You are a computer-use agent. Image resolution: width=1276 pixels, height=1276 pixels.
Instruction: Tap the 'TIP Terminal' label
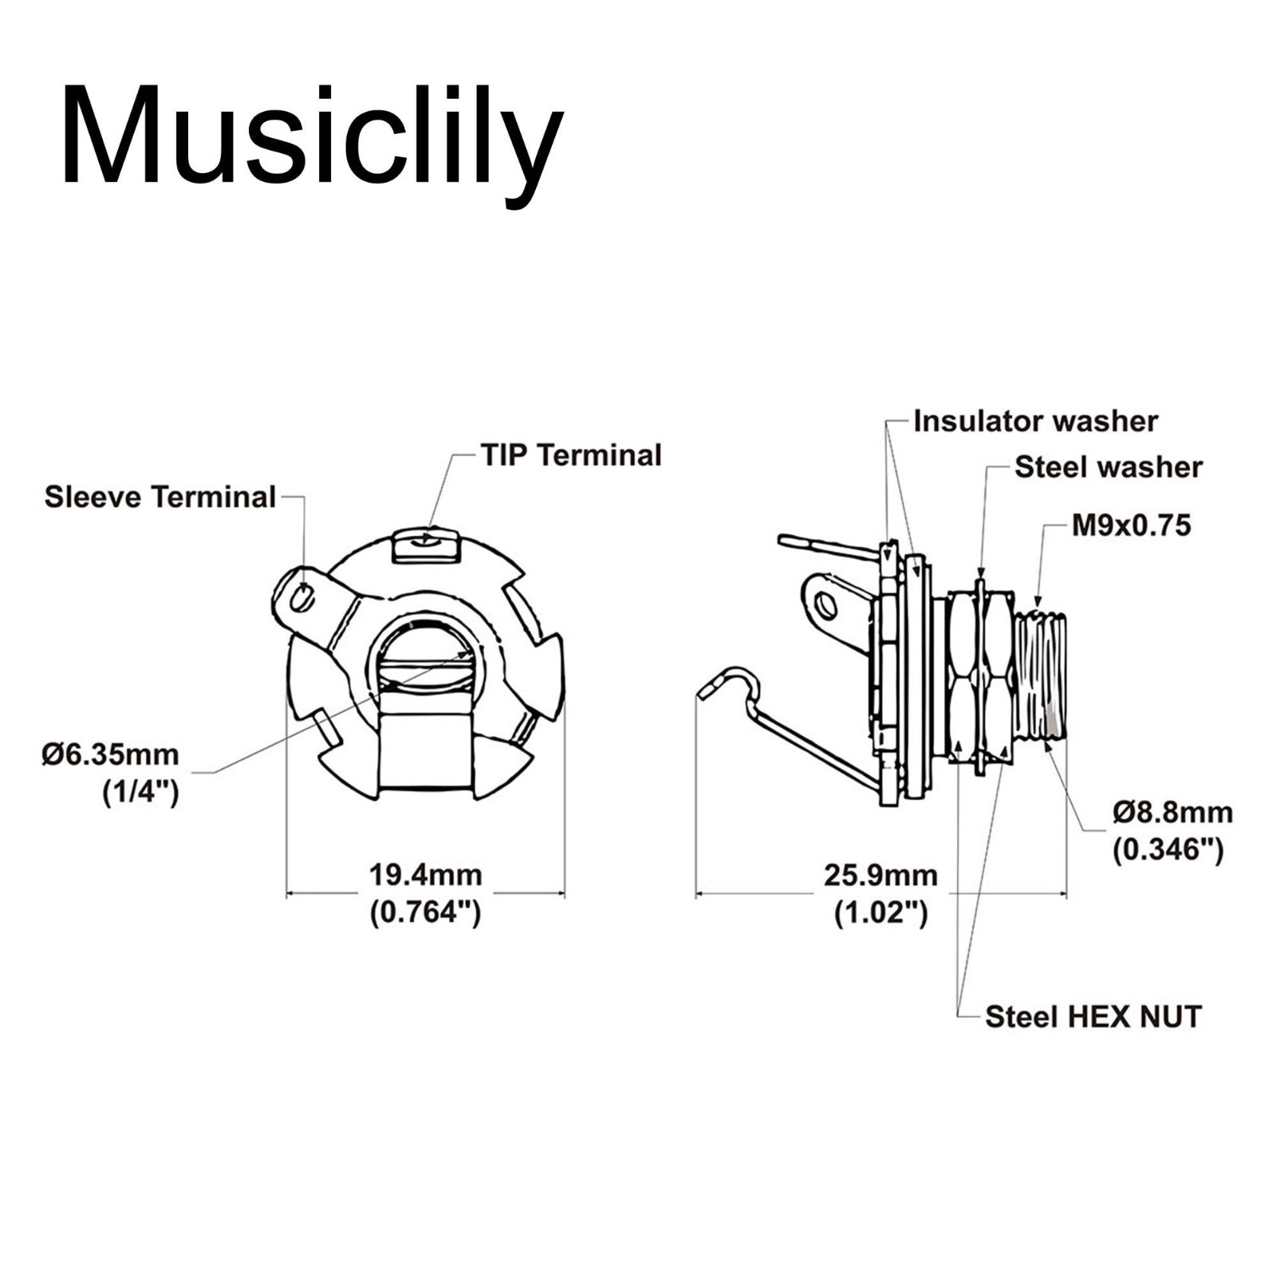[571, 455]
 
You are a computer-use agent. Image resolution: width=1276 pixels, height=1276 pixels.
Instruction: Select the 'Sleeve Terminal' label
[160, 497]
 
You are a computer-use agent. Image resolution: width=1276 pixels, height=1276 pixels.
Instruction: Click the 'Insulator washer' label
[1035, 421]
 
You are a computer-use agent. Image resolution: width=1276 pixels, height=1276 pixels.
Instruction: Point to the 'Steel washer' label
[1109, 467]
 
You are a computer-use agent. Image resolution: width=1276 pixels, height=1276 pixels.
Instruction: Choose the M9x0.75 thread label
[1131, 526]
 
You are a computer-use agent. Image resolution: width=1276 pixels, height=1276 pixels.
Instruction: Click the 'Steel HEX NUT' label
[1093, 1017]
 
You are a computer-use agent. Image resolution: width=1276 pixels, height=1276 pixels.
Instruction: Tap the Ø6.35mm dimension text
[111, 754]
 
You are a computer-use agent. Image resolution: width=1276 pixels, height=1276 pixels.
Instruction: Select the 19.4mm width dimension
[425, 875]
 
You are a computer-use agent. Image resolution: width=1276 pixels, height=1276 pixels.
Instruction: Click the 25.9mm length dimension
[880, 876]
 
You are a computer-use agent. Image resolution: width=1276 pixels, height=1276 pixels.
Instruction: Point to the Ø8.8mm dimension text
[1173, 813]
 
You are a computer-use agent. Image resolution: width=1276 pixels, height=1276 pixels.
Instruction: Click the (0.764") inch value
[425, 912]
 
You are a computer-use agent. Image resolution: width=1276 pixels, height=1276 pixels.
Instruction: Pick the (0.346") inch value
[1168, 849]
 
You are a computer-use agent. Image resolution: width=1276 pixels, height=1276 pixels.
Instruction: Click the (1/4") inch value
[140, 793]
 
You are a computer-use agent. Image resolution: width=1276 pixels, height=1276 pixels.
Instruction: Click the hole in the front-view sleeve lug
[301, 597]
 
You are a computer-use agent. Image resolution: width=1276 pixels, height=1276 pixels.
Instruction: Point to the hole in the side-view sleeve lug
[827, 607]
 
